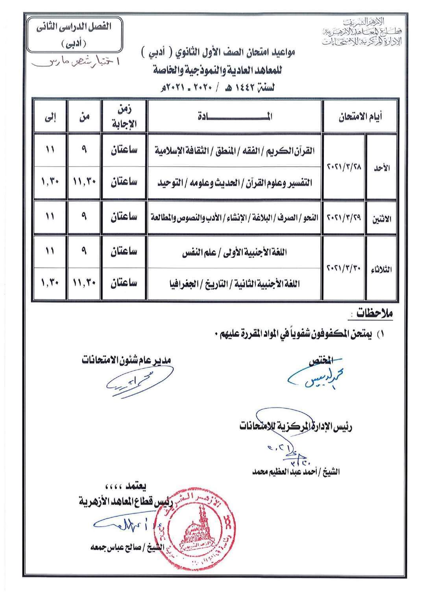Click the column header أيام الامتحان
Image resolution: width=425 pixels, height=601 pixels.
click(360, 116)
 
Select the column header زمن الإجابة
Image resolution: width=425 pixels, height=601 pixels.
click(124, 116)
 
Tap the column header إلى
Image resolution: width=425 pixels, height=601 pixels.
click(50, 116)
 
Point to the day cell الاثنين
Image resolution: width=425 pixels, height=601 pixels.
click(381, 219)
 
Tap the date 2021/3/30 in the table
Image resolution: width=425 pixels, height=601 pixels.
click(344, 269)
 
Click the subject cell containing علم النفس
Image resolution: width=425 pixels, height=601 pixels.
click(235, 253)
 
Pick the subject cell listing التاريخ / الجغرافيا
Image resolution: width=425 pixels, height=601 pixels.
click(235, 284)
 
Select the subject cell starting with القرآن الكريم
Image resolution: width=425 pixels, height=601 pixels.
click(235, 151)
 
